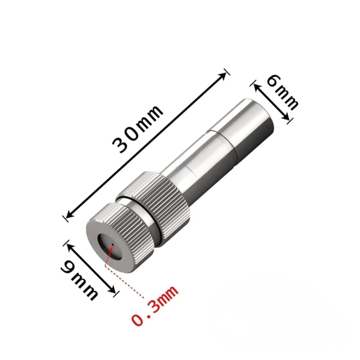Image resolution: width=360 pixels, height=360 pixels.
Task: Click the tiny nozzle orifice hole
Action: pos(113,245)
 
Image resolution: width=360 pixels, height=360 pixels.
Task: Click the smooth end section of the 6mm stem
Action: pos(254,121)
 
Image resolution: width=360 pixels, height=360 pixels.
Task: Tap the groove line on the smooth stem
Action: pos(215,135)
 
